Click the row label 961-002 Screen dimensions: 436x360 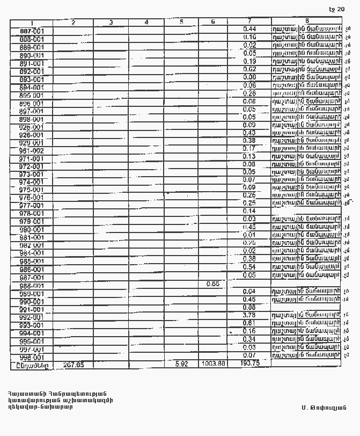click(32, 151)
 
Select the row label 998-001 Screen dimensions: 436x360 click(32, 358)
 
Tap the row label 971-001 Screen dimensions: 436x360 click(32, 159)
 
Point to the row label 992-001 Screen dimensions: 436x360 click(32, 317)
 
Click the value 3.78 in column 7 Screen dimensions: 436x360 click(249, 315)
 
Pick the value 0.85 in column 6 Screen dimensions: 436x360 click(213, 284)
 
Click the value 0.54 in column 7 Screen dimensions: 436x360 click(249, 267)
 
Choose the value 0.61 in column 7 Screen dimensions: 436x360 click(249, 323)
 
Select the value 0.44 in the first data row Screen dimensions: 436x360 click(249, 29)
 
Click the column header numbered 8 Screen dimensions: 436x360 click(306, 21)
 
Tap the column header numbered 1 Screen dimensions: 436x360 click(32, 23)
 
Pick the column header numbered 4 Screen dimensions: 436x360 click(146, 23)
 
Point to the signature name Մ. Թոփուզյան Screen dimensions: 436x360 click(324, 408)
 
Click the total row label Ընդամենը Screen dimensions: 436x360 click(32, 365)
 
